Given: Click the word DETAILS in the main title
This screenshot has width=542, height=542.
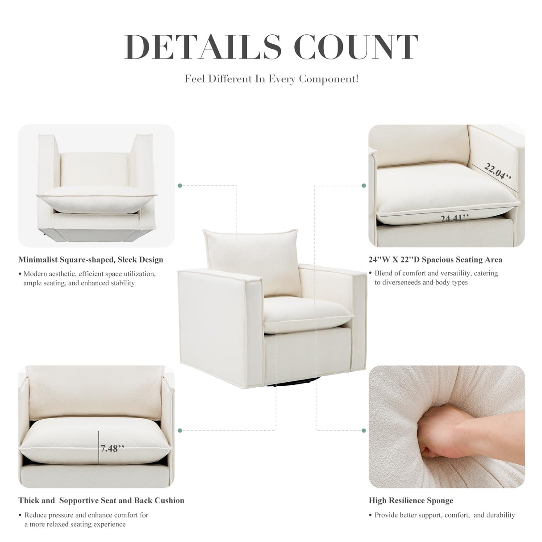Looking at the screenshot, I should [203, 46].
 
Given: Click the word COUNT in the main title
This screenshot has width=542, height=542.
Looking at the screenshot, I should [357, 46].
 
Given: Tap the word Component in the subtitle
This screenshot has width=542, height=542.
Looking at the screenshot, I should [328, 79].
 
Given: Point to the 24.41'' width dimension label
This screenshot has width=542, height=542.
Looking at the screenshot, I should [454, 218].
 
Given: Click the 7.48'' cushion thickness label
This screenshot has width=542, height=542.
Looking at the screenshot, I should [112, 448].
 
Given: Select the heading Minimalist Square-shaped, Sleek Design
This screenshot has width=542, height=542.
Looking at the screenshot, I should [91, 259].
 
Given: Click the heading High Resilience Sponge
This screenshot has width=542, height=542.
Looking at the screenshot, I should [411, 500].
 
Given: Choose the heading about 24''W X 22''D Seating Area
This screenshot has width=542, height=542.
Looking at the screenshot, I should [435, 259].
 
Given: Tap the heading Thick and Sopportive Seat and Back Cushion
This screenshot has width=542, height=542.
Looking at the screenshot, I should [101, 500].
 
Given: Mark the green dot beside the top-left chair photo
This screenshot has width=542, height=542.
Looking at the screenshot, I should [180, 185].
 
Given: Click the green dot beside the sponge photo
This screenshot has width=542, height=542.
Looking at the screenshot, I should [364, 430].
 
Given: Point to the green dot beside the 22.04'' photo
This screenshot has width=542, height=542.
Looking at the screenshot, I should [364, 185].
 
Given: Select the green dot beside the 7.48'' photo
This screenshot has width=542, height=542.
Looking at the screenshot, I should [180, 430].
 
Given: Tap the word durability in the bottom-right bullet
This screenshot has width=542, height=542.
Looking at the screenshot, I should [499, 515].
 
